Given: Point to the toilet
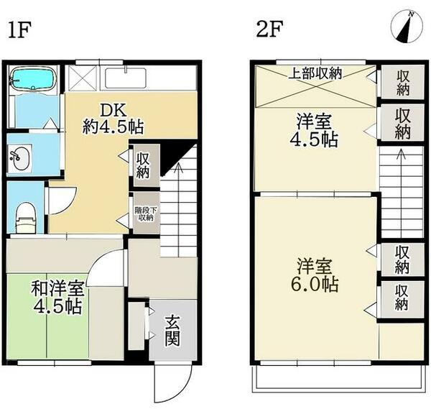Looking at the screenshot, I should coord(24,215).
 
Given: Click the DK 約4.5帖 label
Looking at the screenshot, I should coord(112,119).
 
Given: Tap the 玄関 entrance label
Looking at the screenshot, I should coord(172,330).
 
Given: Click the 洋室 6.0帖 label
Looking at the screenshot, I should coord(315,274).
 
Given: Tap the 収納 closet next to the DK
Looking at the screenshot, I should coord(142,165).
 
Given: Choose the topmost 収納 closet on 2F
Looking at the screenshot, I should coord(402,81).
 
